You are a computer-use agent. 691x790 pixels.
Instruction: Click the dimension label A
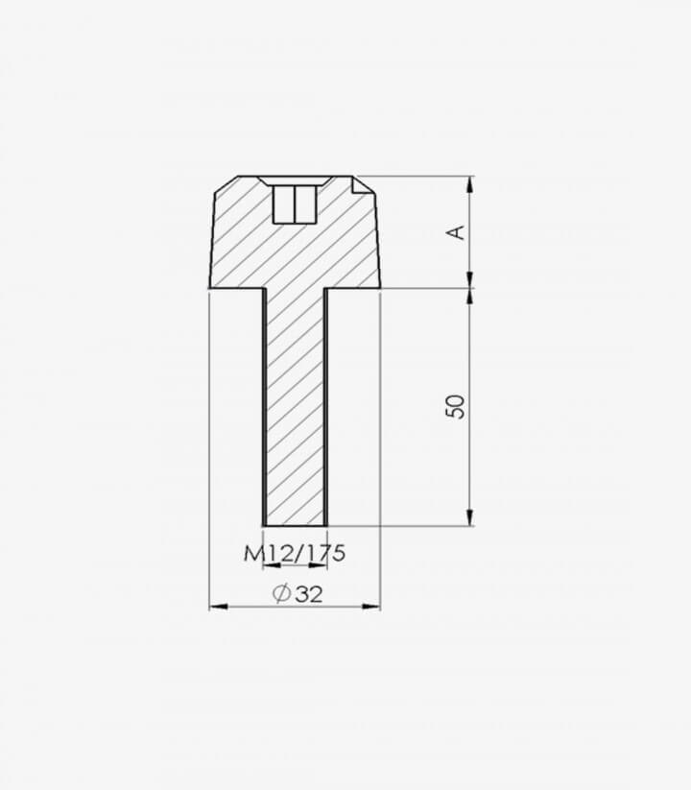pyautogui.click(x=456, y=232)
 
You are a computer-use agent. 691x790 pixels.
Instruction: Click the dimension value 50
pyautogui.click(x=455, y=406)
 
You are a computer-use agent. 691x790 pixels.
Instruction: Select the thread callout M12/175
pyautogui.click(x=296, y=553)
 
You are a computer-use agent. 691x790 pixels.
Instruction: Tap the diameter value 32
pyautogui.click(x=308, y=594)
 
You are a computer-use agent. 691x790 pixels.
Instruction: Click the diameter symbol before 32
pyautogui.click(x=281, y=593)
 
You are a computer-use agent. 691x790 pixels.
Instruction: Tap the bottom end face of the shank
pyautogui.click(x=296, y=526)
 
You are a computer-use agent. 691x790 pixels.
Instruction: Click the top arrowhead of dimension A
pyautogui.click(x=470, y=185)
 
